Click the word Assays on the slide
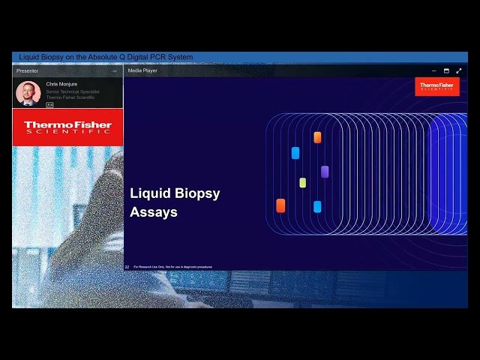(154, 212)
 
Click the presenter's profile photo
(28, 92)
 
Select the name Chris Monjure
(61, 84)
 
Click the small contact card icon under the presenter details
(49, 104)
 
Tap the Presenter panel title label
(28, 70)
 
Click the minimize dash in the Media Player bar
(433, 70)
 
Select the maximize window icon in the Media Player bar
(446, 70)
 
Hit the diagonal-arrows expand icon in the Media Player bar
(459, 70)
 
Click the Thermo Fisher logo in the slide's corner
(436, 87)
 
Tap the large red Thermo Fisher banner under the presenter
(67, 127)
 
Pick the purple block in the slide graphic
(325, 172)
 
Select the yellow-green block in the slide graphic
(302, 182)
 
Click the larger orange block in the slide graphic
(280, 205)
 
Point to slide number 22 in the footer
(127, 266)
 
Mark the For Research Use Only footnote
(172, 266)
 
